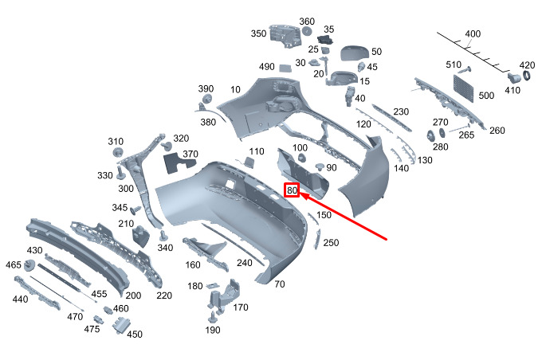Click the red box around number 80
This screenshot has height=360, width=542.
point(293,191)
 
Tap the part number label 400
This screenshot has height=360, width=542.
point(473,34)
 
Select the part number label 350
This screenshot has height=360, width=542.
point(258,34)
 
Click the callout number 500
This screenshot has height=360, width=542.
point(486,96)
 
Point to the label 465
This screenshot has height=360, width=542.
point(13,265)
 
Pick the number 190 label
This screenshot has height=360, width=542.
point(213,330)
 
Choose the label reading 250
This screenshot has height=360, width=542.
point(331,243)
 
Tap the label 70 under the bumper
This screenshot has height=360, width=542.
point(279,284)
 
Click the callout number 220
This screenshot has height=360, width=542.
point(164,295)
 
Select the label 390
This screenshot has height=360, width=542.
point(206,88)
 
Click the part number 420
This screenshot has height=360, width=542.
point(527,65)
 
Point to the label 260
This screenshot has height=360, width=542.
point(497,131)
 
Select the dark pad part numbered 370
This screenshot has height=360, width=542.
point(176,162)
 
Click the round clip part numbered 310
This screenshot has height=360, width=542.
point(117,154)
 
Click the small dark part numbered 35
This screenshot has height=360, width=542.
point(324,40)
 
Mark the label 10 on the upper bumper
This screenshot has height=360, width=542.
point(235,90)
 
